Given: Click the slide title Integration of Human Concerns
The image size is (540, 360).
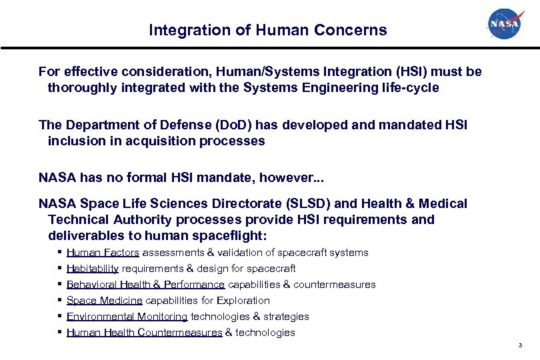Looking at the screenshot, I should [x=267, y=30].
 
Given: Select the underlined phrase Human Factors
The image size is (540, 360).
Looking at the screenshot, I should [x=103, y=253].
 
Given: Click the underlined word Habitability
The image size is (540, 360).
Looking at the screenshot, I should [x=93, y=269].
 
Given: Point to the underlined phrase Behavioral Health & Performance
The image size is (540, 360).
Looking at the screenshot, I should [x=145, y=285].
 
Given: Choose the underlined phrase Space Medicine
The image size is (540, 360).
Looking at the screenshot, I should [x=104, y=301].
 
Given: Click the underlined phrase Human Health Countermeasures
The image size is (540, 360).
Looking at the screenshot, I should [x=144, y=333].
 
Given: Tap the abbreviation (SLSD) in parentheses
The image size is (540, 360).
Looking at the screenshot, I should [x=321, y=203].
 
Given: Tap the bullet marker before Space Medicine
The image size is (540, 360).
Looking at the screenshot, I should [x=60, y=300].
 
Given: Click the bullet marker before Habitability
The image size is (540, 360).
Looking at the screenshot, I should [x=60, y=268].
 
